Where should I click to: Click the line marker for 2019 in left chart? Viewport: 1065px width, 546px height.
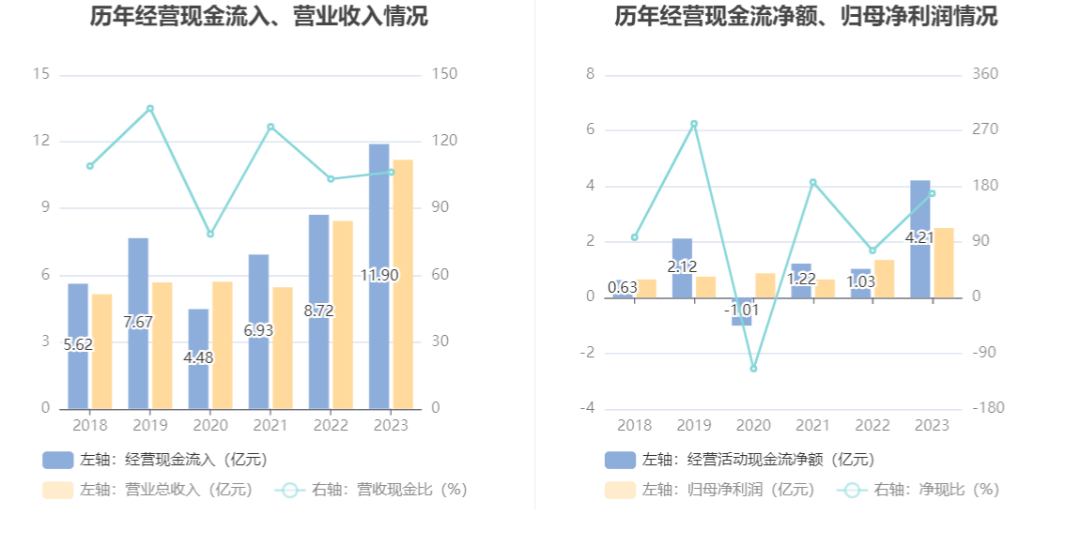coord(150,109)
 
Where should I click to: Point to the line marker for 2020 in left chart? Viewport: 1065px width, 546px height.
coord(210,234)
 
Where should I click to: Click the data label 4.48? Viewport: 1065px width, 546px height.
coord(198,357)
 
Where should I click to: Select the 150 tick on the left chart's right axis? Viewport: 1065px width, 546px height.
coord(444,74)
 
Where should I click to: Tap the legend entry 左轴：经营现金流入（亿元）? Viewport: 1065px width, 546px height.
coord(155,460)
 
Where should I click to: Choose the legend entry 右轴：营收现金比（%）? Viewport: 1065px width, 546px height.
coord(371,490)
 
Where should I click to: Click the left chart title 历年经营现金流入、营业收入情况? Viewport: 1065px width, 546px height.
coord(258,17)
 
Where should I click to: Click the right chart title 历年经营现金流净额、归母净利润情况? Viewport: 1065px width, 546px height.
coord(806,17)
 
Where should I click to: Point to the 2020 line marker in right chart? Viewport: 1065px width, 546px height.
coord(753,369)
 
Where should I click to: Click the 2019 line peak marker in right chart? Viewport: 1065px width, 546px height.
coord(694,124)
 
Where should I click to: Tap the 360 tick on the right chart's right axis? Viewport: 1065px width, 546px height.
coord(986,74)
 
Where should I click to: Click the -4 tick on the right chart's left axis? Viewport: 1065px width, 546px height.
coord(587,409)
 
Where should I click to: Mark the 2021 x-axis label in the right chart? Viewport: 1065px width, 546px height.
coord(813,425)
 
